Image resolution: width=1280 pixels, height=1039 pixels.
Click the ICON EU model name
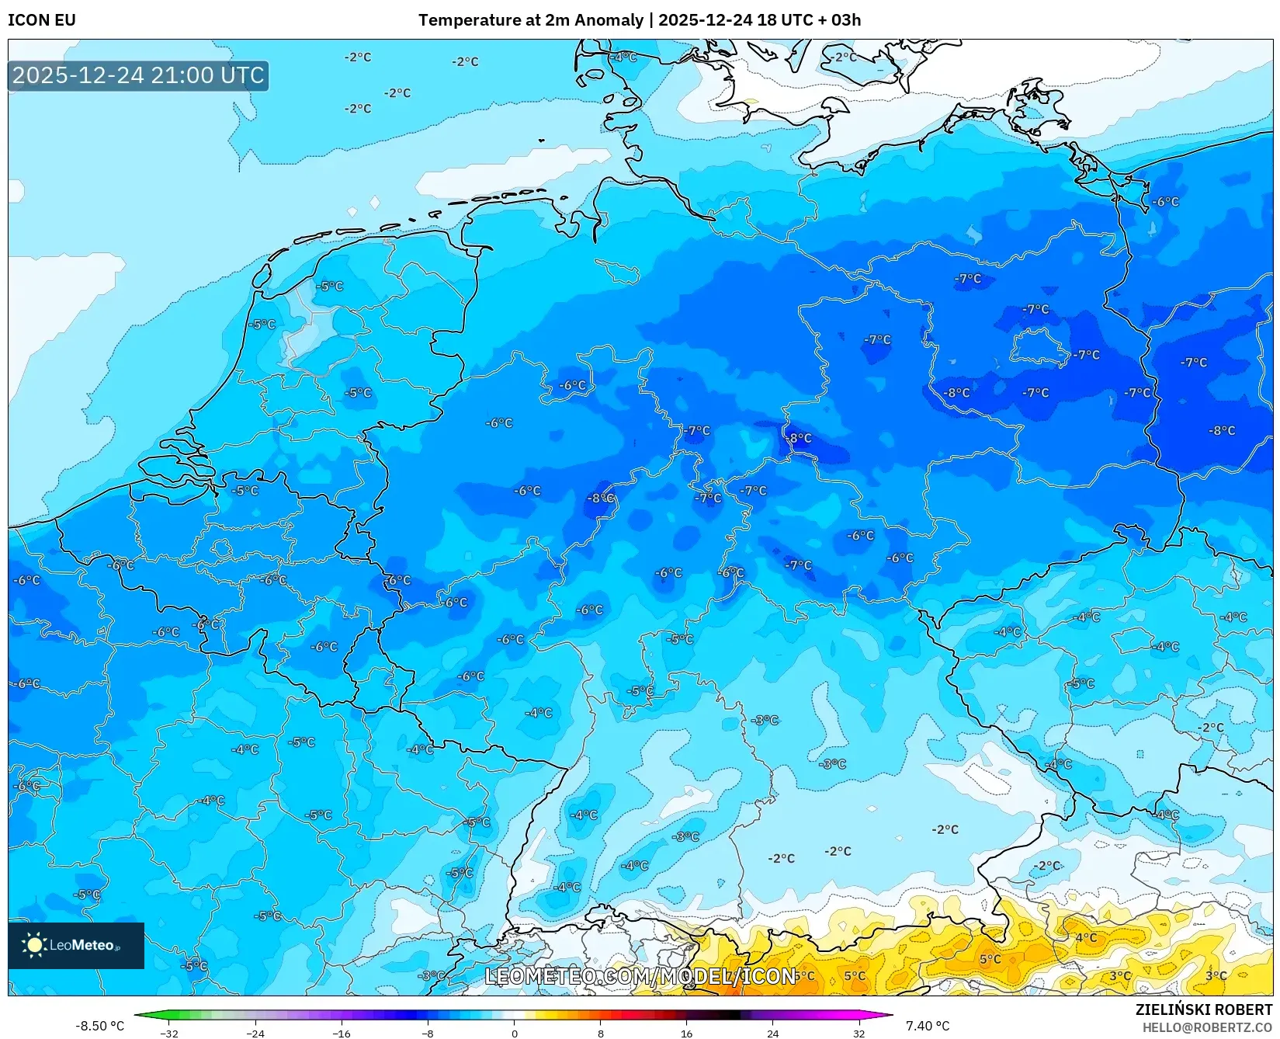click(x=42, y=20)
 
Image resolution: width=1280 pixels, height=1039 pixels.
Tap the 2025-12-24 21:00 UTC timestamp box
click(x=138, y=76)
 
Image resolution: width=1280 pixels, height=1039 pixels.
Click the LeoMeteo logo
click(x=76, y=945)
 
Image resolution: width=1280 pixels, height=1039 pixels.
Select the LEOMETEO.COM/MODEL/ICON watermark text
click(x=640, y=977)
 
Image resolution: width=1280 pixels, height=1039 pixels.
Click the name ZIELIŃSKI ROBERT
click(x=1204, y=1010)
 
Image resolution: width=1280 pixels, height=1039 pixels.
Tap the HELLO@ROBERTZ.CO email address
click(x=1207, y=1027)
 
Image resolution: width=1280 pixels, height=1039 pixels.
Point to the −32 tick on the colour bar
click(x=169, y=1033)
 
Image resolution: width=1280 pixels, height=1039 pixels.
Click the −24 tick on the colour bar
click(x=255, y=1033)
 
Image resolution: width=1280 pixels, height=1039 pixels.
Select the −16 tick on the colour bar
click(x=342, y=1033)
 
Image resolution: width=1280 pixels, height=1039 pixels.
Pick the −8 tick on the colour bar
click(x=428, y=1033)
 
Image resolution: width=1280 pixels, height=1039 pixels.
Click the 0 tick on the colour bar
click(x=514, y=1033)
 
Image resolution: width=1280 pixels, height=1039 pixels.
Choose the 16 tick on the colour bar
click(x=686, y=1033)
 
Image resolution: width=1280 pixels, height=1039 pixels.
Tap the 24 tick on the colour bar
click(x=772, y=1033)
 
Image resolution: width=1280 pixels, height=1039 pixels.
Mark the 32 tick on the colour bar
click(x=859, y=1033)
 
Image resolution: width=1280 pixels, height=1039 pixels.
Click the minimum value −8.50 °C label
click(x=99, y=1026)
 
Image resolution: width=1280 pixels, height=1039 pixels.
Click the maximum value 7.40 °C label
click(x=928, y=1026)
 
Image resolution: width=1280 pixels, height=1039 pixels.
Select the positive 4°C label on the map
click(x=1086, y=937)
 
